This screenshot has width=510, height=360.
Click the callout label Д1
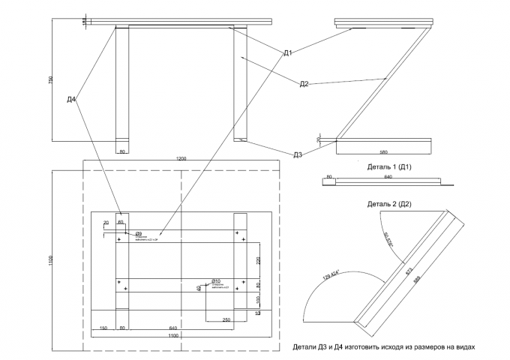288,52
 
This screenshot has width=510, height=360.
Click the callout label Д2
304,84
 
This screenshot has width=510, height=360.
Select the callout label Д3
298,155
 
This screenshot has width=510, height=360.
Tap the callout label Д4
71,99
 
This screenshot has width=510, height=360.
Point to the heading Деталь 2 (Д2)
389,204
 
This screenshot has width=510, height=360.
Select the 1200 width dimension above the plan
181,159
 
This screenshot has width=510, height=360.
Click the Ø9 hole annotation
139,234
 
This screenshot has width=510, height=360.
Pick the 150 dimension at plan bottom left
103,328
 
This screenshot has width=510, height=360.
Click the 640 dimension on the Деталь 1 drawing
388,177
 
